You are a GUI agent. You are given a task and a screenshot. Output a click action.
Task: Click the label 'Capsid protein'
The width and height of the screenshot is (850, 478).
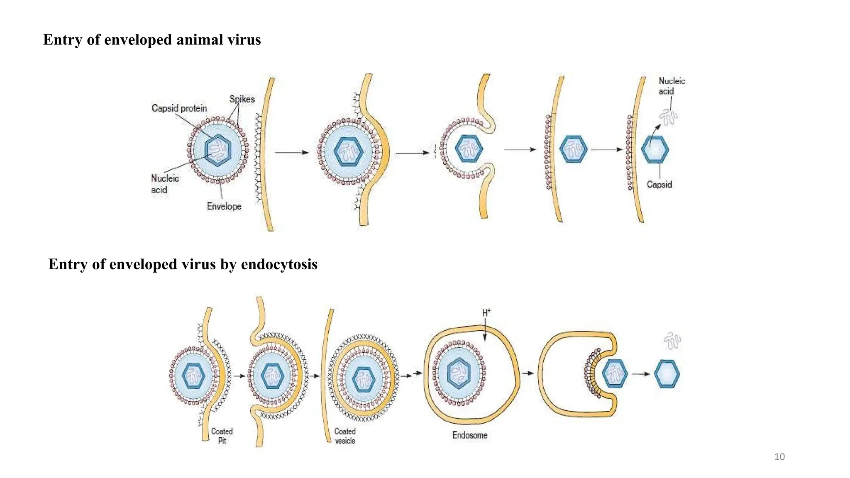(179, 108)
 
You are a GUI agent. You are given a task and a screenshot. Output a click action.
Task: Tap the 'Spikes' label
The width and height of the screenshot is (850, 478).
(242, 99)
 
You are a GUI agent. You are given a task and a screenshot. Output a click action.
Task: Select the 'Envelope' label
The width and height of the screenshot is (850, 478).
(224, 206)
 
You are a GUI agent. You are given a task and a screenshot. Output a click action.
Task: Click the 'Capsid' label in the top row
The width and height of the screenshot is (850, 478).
(659, 185)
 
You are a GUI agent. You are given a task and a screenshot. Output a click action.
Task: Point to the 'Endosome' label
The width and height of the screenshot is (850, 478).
(469, 435)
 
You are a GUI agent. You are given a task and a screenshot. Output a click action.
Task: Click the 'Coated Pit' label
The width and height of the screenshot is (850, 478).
(222, 436)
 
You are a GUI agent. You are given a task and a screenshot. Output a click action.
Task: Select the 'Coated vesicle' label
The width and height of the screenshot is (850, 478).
(345, 436)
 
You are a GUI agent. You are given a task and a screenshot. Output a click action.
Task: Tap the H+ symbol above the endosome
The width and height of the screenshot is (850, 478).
(486, 313)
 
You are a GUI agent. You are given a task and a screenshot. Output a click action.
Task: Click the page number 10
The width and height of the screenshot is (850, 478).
(779, 457)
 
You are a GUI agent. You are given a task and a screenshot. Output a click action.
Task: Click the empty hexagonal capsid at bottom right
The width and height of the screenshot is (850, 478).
(667, 374)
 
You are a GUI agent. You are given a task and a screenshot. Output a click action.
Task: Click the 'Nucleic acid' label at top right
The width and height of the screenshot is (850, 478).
(671, 86)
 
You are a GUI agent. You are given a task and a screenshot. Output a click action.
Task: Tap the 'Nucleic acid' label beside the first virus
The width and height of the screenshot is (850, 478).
(164, 184)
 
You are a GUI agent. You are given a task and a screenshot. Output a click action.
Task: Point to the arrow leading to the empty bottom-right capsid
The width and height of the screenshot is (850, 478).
(641, 374)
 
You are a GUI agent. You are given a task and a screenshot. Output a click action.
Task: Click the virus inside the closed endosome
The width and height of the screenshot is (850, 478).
(459, 373)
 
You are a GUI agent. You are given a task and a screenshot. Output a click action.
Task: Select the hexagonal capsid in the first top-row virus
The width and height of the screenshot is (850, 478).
(217, 150)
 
